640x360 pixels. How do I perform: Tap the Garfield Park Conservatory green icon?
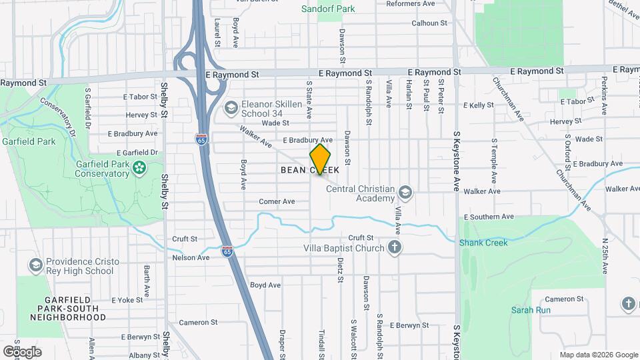pyautogui.click(x=139, y=166)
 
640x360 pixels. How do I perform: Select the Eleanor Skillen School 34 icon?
pyautogui.click(x=231, y=108)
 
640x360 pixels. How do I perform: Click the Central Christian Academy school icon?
pyautogui.click(x=404, y=193)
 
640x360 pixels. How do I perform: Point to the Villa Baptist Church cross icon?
pyautogui.click(x=395, y=249)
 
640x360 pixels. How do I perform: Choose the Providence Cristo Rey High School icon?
pyautogui.click(x=35, y=265)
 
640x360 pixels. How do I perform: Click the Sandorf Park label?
pyautogui.click(x=328, y=9)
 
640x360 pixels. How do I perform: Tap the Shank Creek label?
pyautogui.click(x=483, y=243)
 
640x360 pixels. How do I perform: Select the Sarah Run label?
pyautogui.click(x=531, y=310)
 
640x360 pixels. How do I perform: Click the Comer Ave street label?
pyautogui.click(x=277, y=201)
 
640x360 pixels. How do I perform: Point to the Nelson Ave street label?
pyautogui.click(x=191, y=257)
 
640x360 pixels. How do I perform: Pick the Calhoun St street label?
pyautogui.click(x=429, y=23)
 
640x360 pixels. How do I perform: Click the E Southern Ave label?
pyautogui.click(x=489, y=217)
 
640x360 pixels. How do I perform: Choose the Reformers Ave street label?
pyautogui.click(x=411, y=3)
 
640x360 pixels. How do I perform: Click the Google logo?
pyautogui.click(x=22, y=351)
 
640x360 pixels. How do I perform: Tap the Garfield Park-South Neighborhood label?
pyautogui.click(x=67, y=309)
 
